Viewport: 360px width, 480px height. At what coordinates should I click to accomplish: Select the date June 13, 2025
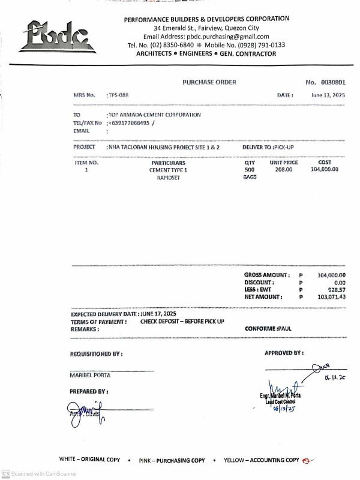pyautogui.click(x=329, y=95)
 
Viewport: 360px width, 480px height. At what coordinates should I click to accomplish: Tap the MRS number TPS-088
pyautogui.click(x=118, y=95)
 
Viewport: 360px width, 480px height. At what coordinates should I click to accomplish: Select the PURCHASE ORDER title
pyautogui.click(x=209, y=82)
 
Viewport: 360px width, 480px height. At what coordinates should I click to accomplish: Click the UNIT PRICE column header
pyautogui.click(x=284, y=163)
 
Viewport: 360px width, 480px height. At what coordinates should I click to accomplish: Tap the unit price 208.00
pyautogui.click(x=284, y=170)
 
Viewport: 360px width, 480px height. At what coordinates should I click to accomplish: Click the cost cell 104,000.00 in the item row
pyautogui.click(x=325, y=170)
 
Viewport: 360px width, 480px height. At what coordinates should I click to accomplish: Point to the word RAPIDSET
pyautogui.click(x=169, y=178)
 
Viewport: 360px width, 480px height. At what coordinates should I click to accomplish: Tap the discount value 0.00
pyautogui.click(x=340, y=282)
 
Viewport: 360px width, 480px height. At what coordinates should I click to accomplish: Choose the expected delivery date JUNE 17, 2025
pyautogui.click(x=159, y=314)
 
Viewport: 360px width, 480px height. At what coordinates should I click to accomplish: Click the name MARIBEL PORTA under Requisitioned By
pyautogui.click(x=90, y=375)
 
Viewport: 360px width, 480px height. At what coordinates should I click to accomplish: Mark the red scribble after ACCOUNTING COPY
pyautogui.click(x=309, y=461)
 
